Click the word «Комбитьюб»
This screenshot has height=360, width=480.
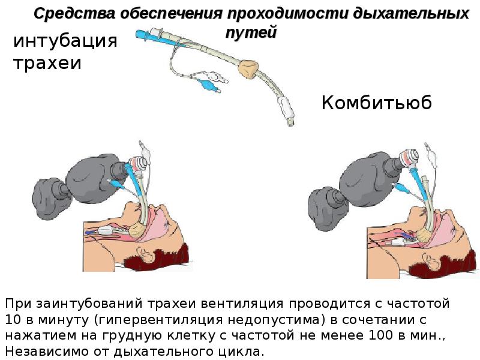(x=376, y=103)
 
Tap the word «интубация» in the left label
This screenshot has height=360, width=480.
(x=64, y=41)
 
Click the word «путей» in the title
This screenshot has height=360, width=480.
(x=251, y=32)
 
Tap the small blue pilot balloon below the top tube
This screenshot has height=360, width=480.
(x=208, y=86)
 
